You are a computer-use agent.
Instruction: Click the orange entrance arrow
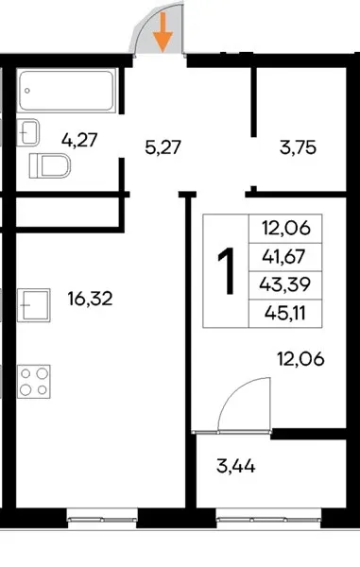163,32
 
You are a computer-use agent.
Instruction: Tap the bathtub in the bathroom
66,91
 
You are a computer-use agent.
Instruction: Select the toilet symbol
49,166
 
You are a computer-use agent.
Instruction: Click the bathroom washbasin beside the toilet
27,132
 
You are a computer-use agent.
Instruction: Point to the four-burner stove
34,382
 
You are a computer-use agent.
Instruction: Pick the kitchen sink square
34,305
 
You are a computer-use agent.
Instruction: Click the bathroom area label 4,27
79,140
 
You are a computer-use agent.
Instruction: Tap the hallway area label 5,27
163,147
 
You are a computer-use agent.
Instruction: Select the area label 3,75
299,147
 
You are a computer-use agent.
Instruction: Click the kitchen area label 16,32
90,299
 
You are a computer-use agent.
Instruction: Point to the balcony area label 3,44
236,466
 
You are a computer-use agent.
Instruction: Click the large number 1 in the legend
226,271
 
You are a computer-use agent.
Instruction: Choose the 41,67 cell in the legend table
285,257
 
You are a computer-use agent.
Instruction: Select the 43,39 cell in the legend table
285,285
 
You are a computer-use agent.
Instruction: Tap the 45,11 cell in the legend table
285,313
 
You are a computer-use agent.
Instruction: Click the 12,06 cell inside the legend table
285,229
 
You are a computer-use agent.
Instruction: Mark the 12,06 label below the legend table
300,359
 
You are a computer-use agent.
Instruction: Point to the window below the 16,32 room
103,519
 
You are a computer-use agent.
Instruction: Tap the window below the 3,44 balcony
268,519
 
